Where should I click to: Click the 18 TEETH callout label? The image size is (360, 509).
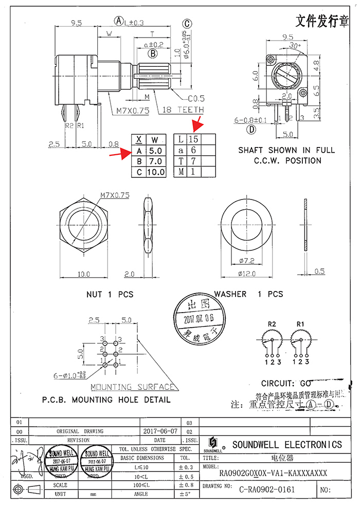point(184,110)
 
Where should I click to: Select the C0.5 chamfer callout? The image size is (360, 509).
point(196,98)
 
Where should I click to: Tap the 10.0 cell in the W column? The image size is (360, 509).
point(156,172)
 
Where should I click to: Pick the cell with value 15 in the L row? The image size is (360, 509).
point(193,140)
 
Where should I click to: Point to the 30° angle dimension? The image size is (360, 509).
point(294,45)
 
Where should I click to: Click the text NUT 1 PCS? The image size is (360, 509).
point(110,295)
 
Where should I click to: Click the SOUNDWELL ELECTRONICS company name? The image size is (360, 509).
point(286,445)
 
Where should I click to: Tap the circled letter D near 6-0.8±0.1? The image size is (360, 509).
point(251,130)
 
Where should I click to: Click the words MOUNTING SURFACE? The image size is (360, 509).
point(132,387)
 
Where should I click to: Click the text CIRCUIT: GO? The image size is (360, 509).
point(286,384)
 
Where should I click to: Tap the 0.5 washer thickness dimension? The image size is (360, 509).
point(319,271)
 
